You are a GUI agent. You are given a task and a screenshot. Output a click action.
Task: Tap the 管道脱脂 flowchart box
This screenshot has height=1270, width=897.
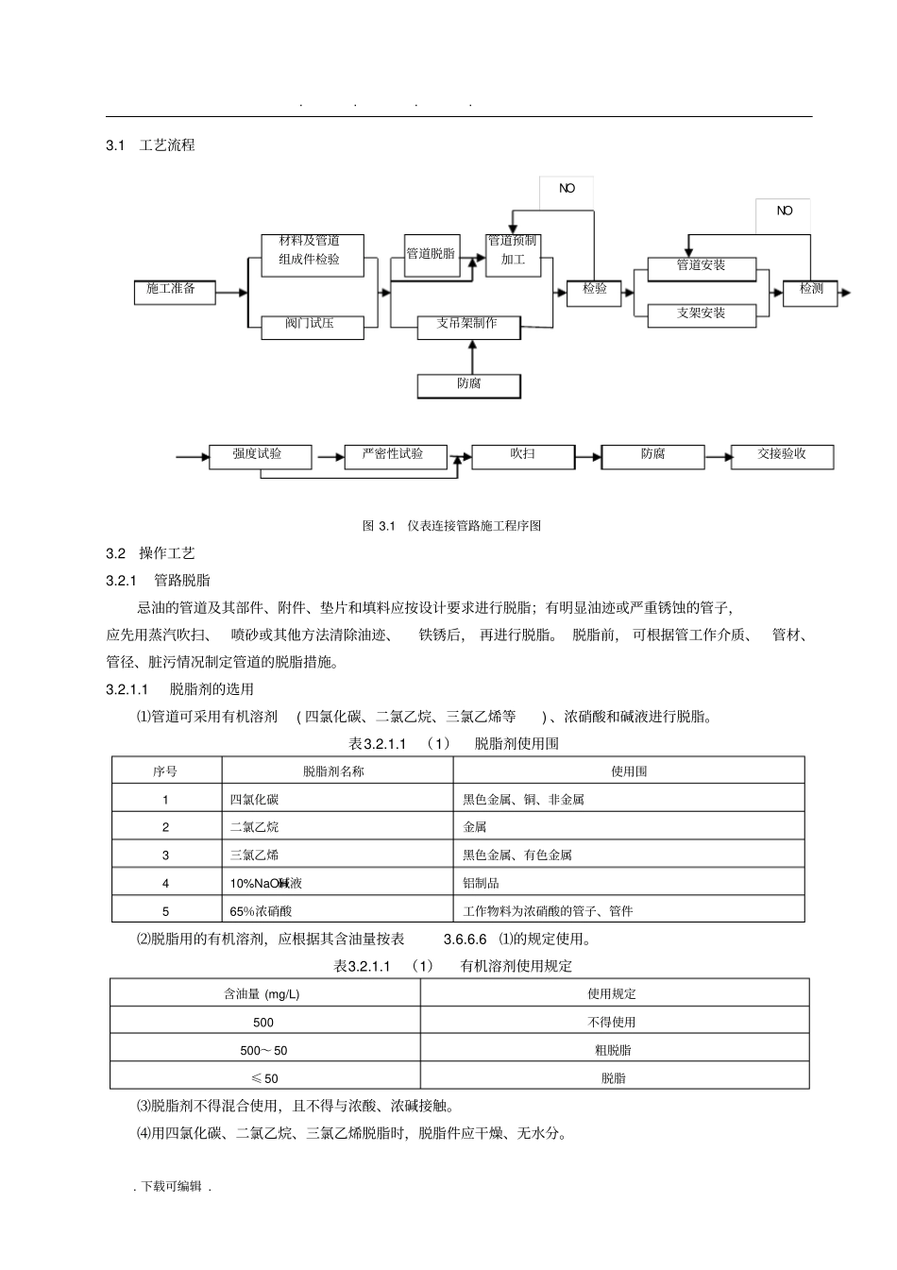431,255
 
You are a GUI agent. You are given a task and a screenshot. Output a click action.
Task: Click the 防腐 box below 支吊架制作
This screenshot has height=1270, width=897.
469,385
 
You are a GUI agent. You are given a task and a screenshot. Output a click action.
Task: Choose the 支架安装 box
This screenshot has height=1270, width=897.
702,314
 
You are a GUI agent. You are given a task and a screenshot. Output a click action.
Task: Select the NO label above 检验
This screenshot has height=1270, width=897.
567,189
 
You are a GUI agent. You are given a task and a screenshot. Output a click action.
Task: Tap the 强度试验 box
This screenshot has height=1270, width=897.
259,456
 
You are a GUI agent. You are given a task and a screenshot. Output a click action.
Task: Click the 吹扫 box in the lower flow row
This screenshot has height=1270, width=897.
522,456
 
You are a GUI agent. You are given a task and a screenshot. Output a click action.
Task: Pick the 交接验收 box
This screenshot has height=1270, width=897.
782,456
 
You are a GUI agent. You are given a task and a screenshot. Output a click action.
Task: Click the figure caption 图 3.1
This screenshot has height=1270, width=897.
451,526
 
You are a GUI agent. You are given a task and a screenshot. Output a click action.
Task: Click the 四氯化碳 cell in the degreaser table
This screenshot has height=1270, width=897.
255,800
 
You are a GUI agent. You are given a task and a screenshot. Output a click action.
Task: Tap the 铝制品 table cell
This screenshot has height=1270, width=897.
481,883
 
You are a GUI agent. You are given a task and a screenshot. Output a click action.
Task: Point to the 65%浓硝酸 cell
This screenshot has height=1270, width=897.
262,911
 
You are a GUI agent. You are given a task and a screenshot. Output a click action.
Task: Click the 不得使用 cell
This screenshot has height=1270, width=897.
613,1022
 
